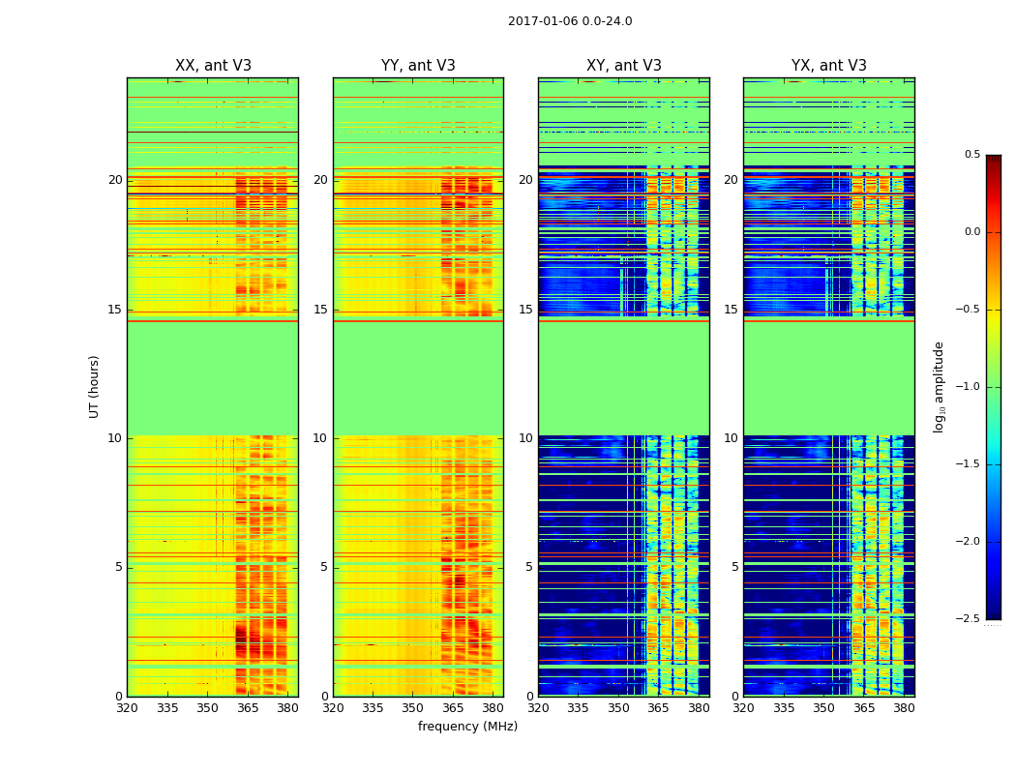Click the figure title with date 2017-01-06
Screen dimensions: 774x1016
pyautogui.click(x=570, y=21)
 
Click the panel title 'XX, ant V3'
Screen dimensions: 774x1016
pyautogui.click(x=213, y=66)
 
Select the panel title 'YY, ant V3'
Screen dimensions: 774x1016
pyautogui.click(x=418, y=66)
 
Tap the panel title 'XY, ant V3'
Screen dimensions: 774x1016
pyautogui.click(x=624, y=66)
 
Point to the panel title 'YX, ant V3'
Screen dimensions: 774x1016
pyautogui.click(x=829, y=66)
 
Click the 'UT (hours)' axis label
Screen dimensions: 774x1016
pyautogui.click(x=95, y=386)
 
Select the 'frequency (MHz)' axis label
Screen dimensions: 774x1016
pyautogui.click(x=467, y=727)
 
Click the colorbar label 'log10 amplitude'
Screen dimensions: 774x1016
pyautogui.click(x=938, y=386)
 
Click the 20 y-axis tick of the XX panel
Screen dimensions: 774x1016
pyautogui.click(x=115, y=180)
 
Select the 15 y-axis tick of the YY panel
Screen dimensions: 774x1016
pyautogui.click(x=320, y=310)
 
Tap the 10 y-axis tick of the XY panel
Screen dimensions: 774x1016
pyautogui.click(x=525, y=438)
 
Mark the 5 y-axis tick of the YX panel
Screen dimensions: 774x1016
pyautogui.click(x=734, y=567)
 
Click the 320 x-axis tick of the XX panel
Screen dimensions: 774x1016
pyautogui.click(x=127, y=707)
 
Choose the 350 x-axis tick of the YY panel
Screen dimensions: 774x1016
pyautogui.click(x=413, y=707)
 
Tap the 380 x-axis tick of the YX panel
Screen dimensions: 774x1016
pyautogui.click(x=904, y=707)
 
